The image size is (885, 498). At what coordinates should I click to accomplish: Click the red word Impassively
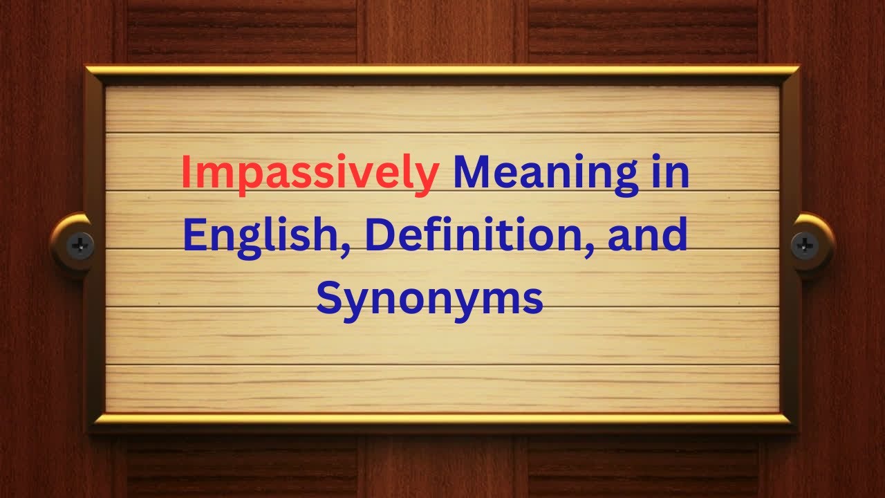(310, 174)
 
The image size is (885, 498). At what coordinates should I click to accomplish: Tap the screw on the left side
(80, 244)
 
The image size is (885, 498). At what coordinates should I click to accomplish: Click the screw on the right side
(805, 244)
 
